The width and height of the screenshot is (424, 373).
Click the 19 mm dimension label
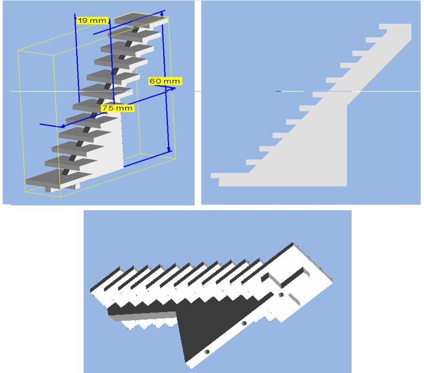coord(93,21)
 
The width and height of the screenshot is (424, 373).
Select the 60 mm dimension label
coord(165,81)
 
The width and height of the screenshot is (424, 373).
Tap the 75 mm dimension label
coord(117,108)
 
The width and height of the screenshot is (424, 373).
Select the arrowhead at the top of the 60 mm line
coord(162,13)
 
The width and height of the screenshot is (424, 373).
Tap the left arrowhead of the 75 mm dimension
coord(64,126)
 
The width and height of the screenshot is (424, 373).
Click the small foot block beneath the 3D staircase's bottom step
coord(49,189)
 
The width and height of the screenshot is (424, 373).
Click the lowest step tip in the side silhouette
coord(215,176)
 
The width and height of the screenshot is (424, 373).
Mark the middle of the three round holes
coord(244,323)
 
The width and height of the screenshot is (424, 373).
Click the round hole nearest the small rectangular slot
coord(281,295)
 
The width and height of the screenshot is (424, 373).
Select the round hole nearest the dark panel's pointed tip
coord(207,352)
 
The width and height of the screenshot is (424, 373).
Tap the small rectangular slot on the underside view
coord(294,299)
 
